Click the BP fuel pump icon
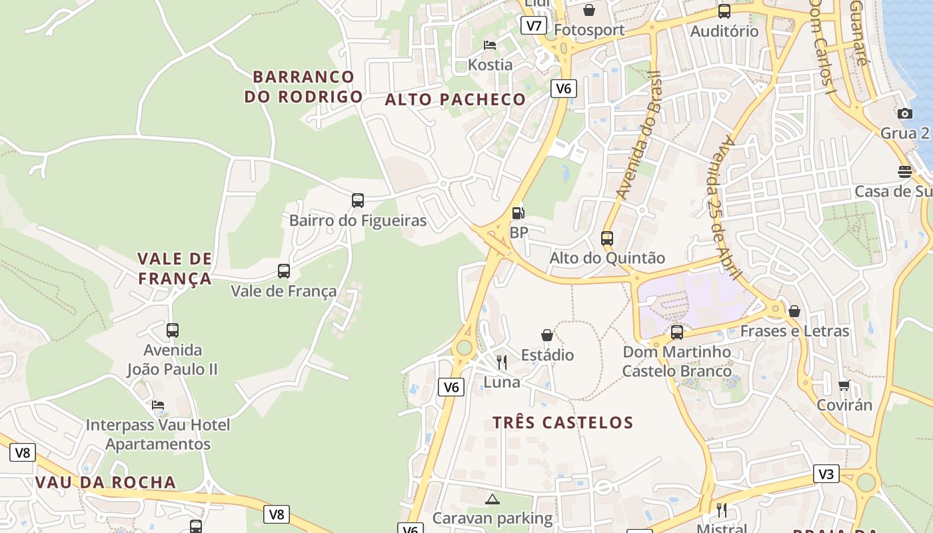tap(518, 213)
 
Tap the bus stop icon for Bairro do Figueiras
tap(358, 200)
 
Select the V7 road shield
tap(533, 26)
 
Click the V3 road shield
tap(826, 474)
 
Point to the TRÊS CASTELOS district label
tap(562, 422)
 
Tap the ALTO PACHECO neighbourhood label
tap(455, 100)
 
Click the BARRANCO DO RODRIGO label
tap(303, 87)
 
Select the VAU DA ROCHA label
tap(105, 482)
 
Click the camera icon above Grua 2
tap(904, 113)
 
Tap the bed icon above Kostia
tap(490, 45)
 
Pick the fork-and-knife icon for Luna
tap(502, 362)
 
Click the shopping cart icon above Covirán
tap(844, 385)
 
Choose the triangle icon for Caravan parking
tap(492, 499)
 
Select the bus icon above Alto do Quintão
tap(606, 238)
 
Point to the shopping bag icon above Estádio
tap(547, 334)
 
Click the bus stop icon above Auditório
tap(724, 11)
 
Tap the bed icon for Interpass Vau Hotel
tap(158, 405)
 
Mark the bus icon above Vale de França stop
tap(284, 271)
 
